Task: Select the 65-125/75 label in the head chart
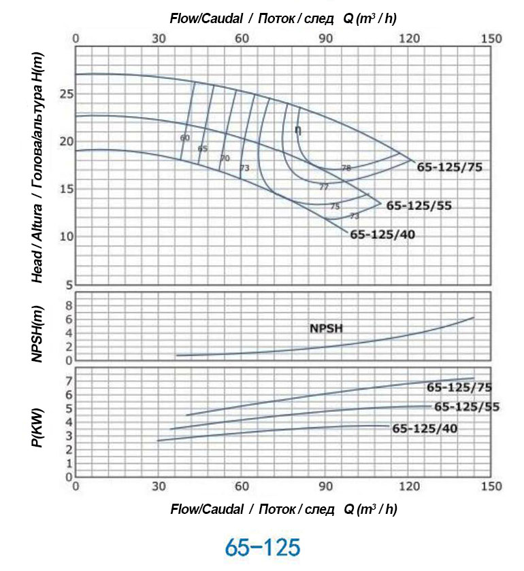tap(450, 166)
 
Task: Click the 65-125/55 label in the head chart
tap(419, 205)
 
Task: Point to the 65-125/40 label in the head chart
tap(382, 235)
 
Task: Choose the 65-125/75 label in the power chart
tap(459, 387)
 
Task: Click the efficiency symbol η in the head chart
tap(298, 130)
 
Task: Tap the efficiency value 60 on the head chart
tap(184, 137)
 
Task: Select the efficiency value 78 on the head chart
tap(346, 167)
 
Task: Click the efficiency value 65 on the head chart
tap(202, 148)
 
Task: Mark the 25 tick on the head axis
tap(65, 94)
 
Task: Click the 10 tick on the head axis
tap(65, 237)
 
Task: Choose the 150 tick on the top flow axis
tap(491, 39)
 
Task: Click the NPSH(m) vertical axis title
tap(39, 326)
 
